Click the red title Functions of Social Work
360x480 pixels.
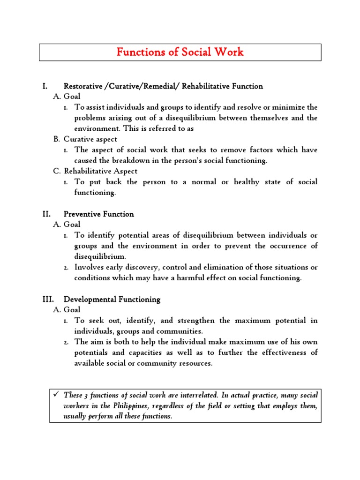180,52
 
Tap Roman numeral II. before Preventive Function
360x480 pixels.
46,214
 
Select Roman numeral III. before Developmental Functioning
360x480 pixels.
47,299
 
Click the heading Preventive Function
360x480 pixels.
99,214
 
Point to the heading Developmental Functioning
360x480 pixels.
112,299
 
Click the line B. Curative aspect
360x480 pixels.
85,139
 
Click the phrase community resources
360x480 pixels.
184,363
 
